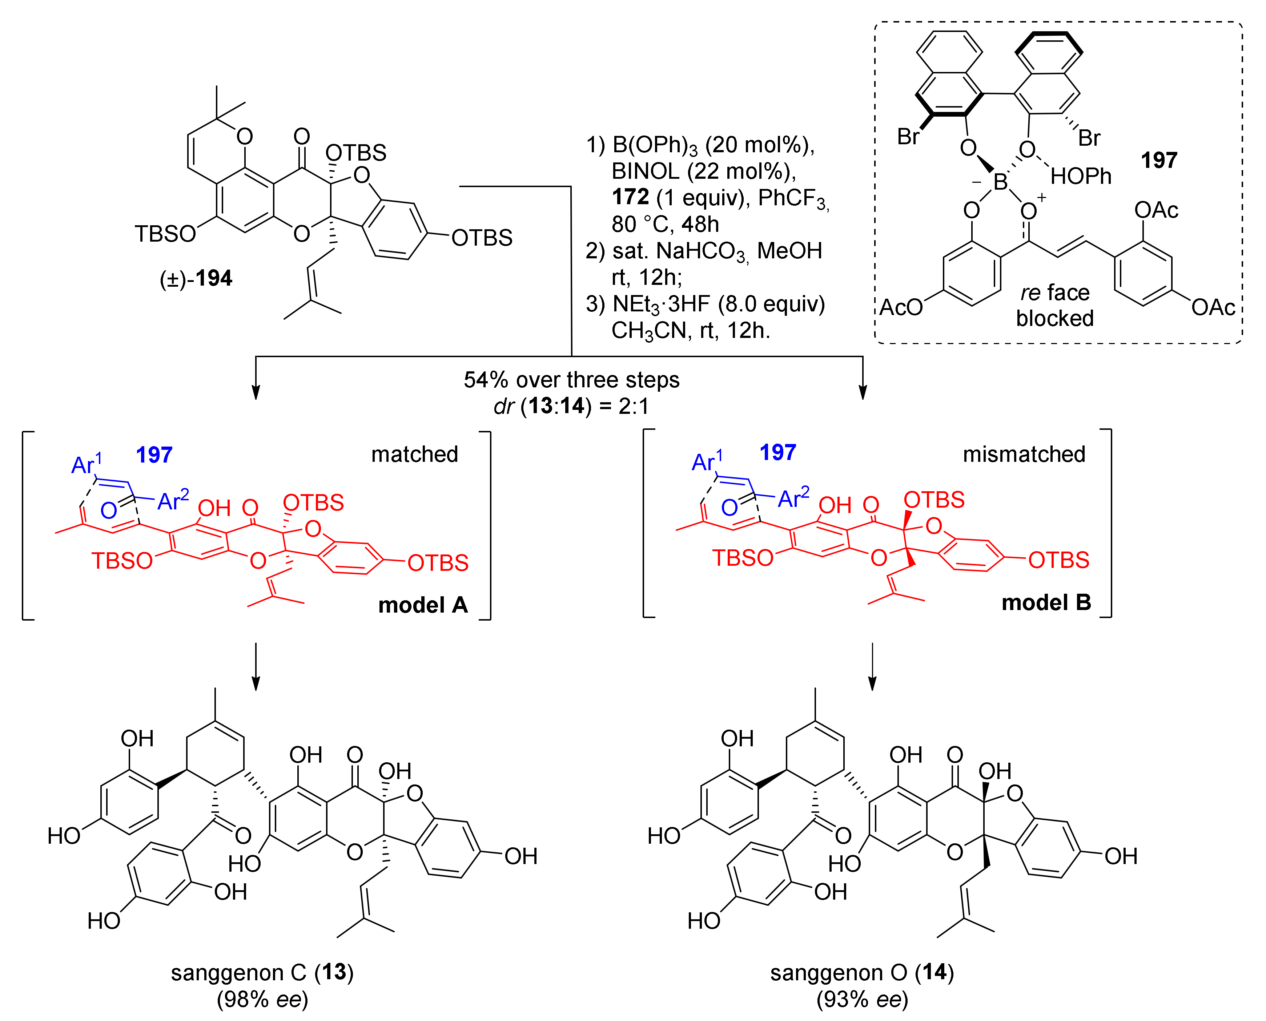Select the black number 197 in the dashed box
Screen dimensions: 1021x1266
pos(1158,160)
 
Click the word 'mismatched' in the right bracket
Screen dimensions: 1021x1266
pos(1024,454)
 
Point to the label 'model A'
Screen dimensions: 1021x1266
pos(422,605)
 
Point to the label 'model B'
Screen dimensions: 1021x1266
pos(1046,602)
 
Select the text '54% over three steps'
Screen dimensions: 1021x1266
pos(571,380)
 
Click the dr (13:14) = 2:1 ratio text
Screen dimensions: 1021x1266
pos(571,406)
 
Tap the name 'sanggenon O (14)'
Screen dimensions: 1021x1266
pos(862,972)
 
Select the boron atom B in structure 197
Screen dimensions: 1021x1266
pos(1000,182)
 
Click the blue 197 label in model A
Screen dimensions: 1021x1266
pos(154,455)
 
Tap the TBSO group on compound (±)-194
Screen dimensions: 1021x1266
pos(165,234)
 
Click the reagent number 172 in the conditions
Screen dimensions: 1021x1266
pos(630,197)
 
